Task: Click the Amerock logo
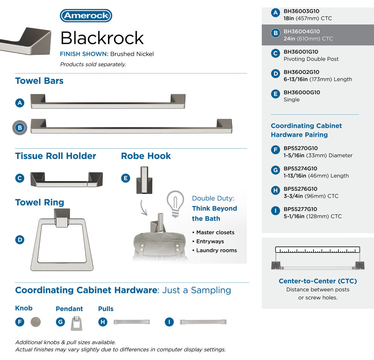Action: (86, 16)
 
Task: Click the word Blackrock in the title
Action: (102, 38)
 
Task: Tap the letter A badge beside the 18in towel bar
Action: (20, 103)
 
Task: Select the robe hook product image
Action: (144, 180)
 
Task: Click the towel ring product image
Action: (62, 240)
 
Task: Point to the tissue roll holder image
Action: (66, 179)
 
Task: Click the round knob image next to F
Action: (36, 322)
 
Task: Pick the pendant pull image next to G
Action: (77, 323)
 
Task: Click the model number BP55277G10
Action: (300, 209)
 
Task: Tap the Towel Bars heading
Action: (39, 81)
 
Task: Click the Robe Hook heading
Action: (146, 156)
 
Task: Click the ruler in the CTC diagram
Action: (317, 250)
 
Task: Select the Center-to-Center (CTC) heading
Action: (318, 281)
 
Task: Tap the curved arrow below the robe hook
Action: (143, 208)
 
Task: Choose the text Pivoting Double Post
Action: (311, 59)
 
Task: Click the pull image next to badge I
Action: (203, 322)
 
